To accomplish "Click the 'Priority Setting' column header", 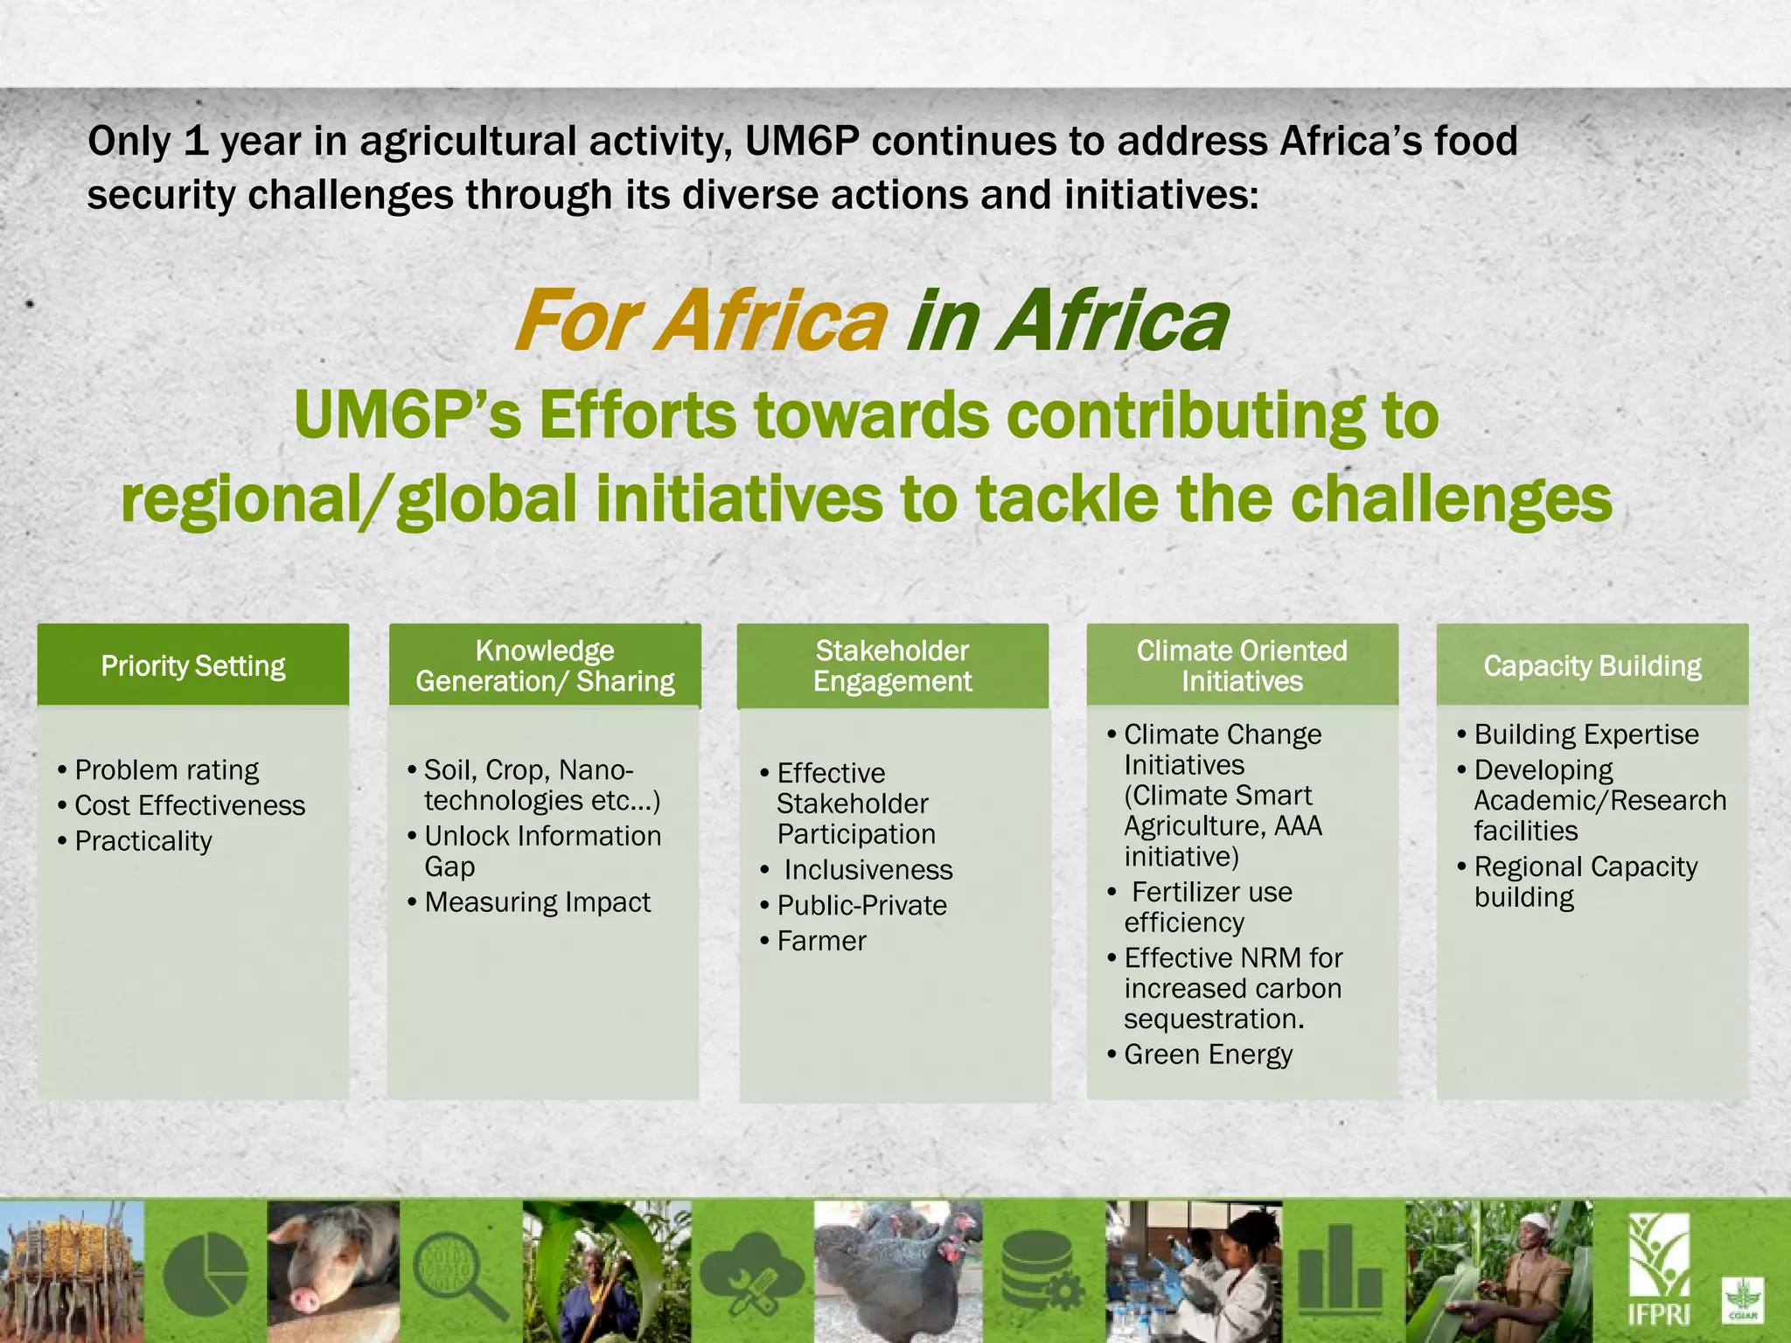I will pos(193,666).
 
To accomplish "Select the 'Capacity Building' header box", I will pos(1592,666).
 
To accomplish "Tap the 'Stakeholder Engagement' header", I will pos(892,666).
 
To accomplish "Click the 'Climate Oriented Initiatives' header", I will pos(1242,666).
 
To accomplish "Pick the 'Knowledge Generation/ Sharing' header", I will pos(545,666).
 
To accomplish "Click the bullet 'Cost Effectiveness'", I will pos(190,805).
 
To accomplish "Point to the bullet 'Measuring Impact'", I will pos(537,902).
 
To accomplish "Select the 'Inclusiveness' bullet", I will pos(868,870).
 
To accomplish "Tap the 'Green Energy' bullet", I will pos(1208,1054).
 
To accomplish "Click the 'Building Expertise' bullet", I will pos(1586,734).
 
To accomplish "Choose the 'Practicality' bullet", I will pos(143,841).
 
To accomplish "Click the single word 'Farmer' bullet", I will pos(821,941).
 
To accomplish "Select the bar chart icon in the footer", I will pos(1340,1270).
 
